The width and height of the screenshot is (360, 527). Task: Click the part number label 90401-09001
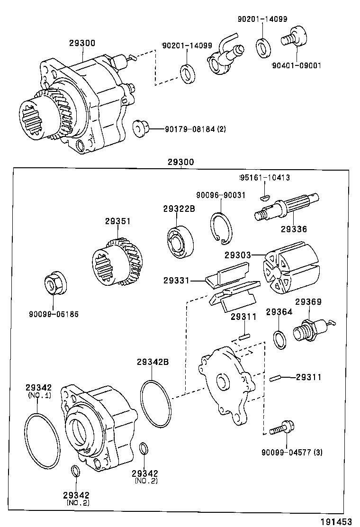point(297,65)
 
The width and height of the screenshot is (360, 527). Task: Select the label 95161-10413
point(265,178)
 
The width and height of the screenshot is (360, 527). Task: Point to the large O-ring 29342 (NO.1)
point(42,438)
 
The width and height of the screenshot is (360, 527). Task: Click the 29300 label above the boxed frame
point(180,162)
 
